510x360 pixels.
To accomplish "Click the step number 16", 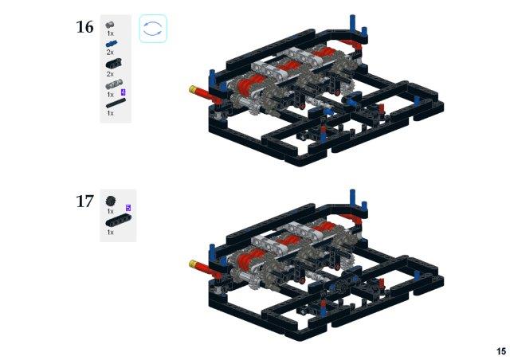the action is [84, 26].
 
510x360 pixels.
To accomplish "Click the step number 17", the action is [84, 201].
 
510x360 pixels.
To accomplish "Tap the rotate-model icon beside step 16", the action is [153, 29].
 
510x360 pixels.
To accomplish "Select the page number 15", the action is [501, 351].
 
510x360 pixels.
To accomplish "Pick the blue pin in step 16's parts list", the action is [112, 44].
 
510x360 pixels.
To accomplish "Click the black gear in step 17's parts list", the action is [111, 201].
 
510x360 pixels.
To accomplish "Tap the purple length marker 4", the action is [123, 92].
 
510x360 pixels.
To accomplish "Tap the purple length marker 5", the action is [128, 208].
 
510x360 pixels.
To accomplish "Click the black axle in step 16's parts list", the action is [116, 103].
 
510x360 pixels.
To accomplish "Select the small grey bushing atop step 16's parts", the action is [110, 25].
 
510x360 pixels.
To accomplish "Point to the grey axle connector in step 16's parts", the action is [114, 84].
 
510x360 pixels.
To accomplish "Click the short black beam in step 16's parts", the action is [113, 64].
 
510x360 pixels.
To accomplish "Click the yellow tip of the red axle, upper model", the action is [193, 88].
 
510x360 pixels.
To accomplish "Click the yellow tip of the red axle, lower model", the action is [193, 263].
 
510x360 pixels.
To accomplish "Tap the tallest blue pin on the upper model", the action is [353, 23].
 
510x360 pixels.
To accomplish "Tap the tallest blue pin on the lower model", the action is [353, 197].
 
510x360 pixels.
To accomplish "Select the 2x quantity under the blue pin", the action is [110, 52].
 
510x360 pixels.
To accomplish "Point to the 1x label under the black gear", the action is [110, 211].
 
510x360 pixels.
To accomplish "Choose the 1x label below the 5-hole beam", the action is [110, 233].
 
